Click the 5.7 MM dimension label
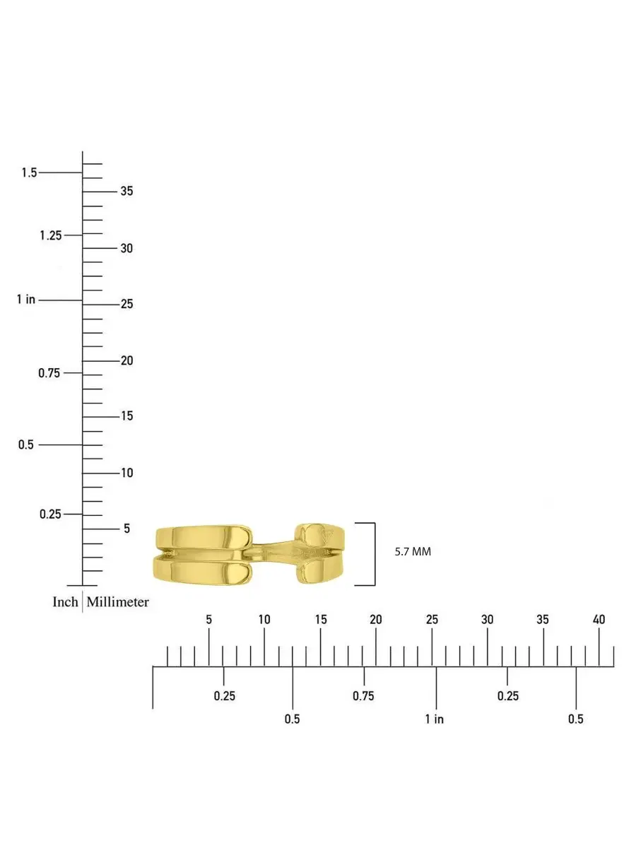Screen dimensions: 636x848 413,552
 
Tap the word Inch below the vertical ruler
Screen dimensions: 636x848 65,601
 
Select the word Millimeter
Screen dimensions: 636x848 117,601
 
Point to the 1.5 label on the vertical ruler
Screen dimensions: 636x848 30,172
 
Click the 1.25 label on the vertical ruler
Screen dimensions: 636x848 51,235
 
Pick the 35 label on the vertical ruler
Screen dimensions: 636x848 126,191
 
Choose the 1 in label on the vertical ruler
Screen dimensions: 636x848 26,299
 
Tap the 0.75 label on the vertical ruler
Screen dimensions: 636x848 49,373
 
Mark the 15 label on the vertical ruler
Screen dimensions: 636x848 126,416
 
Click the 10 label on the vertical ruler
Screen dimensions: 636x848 126,473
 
